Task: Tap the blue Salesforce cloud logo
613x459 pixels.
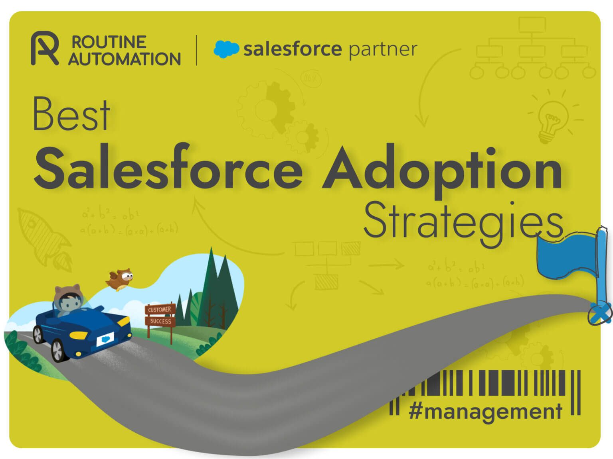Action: pyautogui.click(x=226, y=49)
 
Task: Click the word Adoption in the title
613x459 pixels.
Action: pyautogui.click(x=442, y=170)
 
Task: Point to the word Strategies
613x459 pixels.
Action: pyautogui.click(x=463, y=221)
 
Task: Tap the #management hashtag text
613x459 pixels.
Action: pyautogui.click(x=485, y=411)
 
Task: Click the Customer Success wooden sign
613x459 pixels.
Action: pyautogui.click(x=160, y=315)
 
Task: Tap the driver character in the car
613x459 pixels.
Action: pyautogui.click(x=69, y=301)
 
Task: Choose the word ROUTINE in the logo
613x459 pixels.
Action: pyautogui.click(x=109, y=42)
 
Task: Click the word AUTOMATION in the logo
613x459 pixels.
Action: pyautogui.click(x=124, y=59)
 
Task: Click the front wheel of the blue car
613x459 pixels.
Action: pyautogui.click(x=57, y=350)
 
